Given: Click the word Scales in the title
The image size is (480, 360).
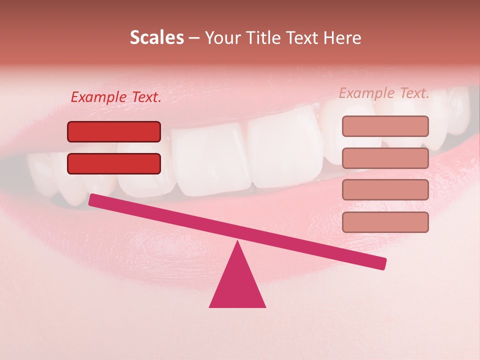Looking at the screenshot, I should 156,38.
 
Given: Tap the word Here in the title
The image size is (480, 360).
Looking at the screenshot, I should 343,38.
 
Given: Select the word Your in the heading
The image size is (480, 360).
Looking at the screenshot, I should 222,38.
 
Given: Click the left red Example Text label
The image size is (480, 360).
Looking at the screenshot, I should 116,97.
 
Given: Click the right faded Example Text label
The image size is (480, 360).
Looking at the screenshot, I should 384,93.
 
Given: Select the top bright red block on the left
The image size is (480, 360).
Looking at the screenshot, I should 114,131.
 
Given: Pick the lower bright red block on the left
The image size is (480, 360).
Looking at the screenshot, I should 114,163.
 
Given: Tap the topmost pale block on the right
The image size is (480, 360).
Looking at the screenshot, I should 385,126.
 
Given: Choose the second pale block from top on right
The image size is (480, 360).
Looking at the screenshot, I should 385,158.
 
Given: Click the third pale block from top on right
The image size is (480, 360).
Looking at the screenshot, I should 385,190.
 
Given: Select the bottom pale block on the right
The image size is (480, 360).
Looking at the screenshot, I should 385,222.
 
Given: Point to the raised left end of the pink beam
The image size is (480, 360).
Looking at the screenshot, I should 93,200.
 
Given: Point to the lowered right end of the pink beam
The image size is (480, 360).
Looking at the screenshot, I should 382,263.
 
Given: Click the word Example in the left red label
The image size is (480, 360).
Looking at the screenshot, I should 99,97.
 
